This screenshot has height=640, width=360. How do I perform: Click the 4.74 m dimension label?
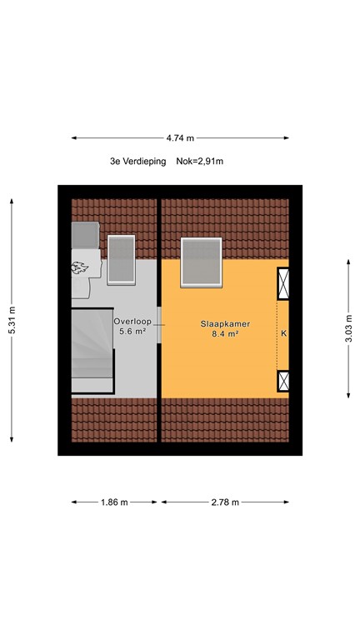(x=180, y=138)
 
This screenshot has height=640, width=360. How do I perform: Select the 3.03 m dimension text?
(x=347, y=328)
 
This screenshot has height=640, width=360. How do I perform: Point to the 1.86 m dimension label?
(x=114, y=502)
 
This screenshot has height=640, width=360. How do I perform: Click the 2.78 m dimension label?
(x=225, y=502)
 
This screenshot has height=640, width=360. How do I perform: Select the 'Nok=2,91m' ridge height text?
(x=200, y=161)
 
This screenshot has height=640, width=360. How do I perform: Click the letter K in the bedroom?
(x=284, y=334)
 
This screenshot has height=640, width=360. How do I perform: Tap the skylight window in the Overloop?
(x=121, y=259)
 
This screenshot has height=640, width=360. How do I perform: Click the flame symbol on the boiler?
(x=82, y=268)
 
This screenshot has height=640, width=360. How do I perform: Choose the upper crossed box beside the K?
(x=284, y=284)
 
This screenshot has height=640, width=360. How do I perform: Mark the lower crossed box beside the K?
(x=284, y=382)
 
